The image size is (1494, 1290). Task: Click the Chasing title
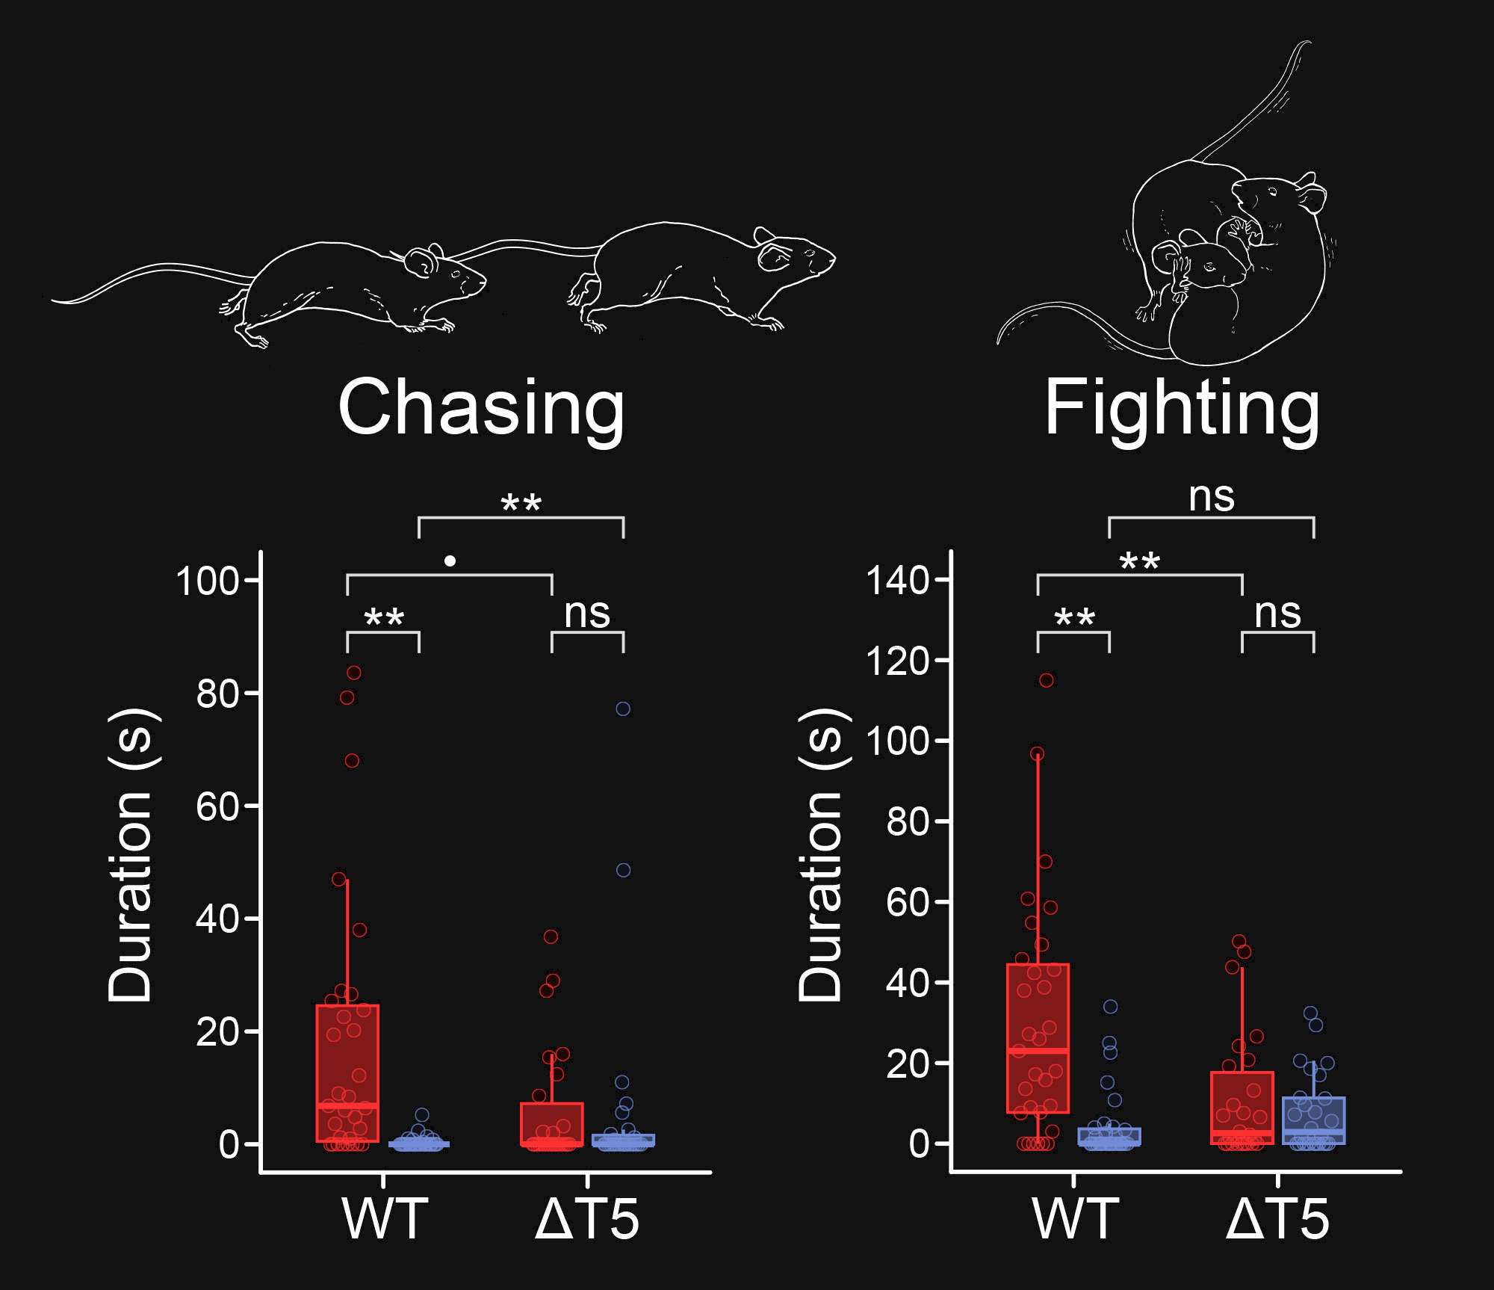(x=481, y=408)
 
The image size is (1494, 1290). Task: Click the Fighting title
(x=1182, y=408)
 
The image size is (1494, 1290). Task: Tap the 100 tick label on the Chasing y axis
(x=207, y=581)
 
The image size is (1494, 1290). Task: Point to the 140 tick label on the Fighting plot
(x=897, y=580)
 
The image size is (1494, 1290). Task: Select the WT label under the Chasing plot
(x=385, y=1219)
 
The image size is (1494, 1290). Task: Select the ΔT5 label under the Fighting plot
(x=1277, y=1219)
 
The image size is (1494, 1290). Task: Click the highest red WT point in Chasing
(x=354, y=673)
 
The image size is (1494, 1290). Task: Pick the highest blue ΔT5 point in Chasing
(x=623, y=709)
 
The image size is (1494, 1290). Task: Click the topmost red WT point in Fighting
(x=1047, y=680)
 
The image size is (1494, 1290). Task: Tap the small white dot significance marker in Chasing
(x=450, y=561)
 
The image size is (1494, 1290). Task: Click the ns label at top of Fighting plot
(x=1211, y=496)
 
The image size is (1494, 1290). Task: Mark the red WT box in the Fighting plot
(x=1038, y=1038)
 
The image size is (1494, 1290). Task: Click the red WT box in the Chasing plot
(x=347, y=1073)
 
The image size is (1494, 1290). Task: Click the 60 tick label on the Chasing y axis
(x=217, y=807)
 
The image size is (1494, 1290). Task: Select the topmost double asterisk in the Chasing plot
(x=521, y=503)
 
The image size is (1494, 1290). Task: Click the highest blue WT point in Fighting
(x=1111, y=1007)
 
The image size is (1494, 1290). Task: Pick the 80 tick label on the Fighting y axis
(x=907, y=822)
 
